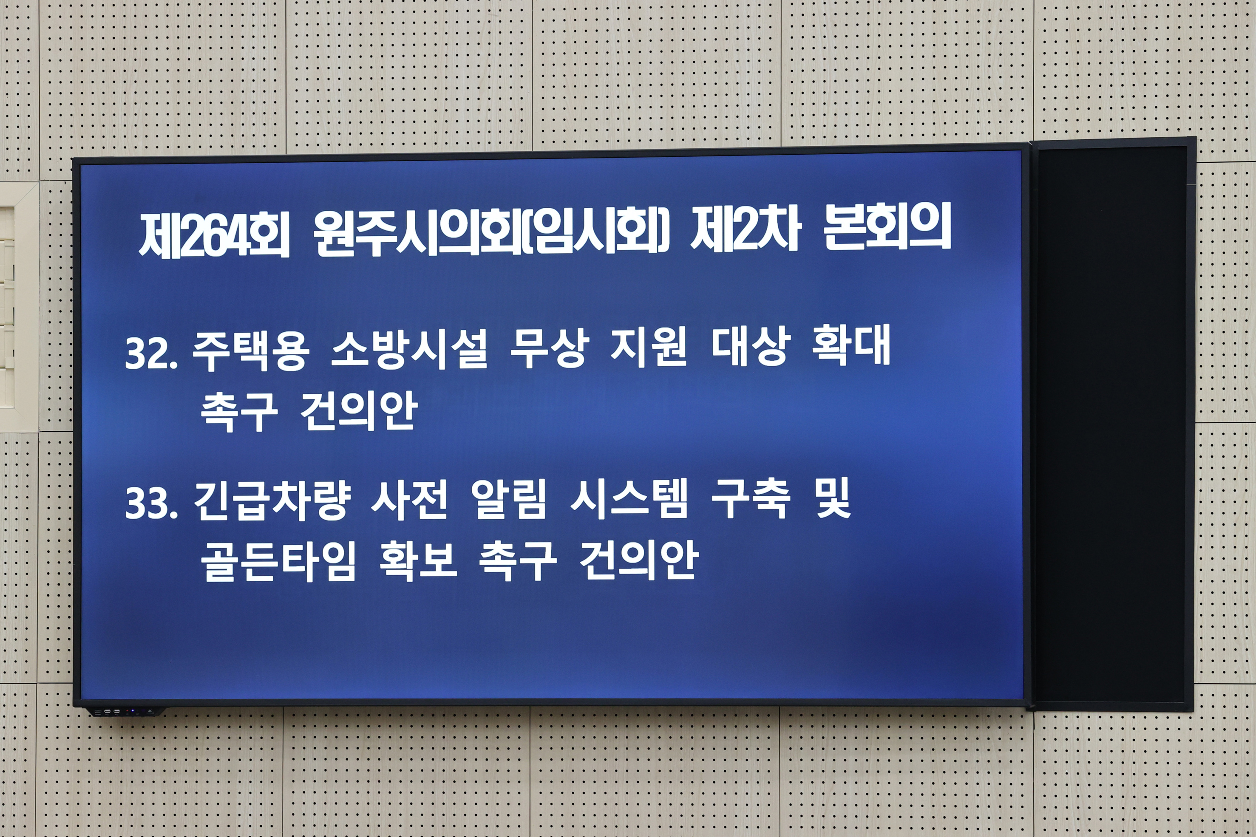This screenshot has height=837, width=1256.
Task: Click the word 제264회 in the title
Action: [x=214, y=235]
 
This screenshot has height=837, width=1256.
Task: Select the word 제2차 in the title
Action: [x=746, y=231]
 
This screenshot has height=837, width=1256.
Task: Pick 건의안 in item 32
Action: [x=358, y=411]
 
